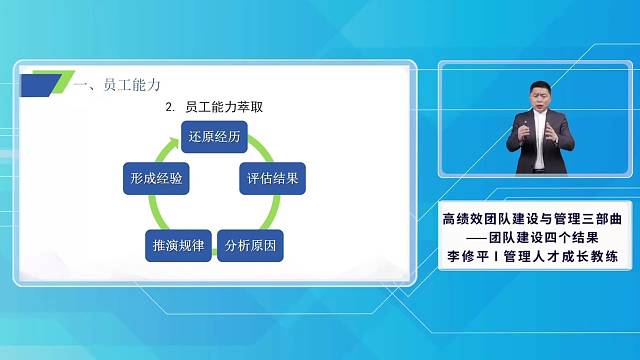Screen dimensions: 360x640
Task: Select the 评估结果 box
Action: [273, 180]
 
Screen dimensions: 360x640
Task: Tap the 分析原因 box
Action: [250, 245]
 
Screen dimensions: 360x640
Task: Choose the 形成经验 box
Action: [155, 180]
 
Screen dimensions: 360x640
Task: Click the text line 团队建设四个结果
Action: [556, 237]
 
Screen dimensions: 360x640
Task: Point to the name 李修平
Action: [467, 257]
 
